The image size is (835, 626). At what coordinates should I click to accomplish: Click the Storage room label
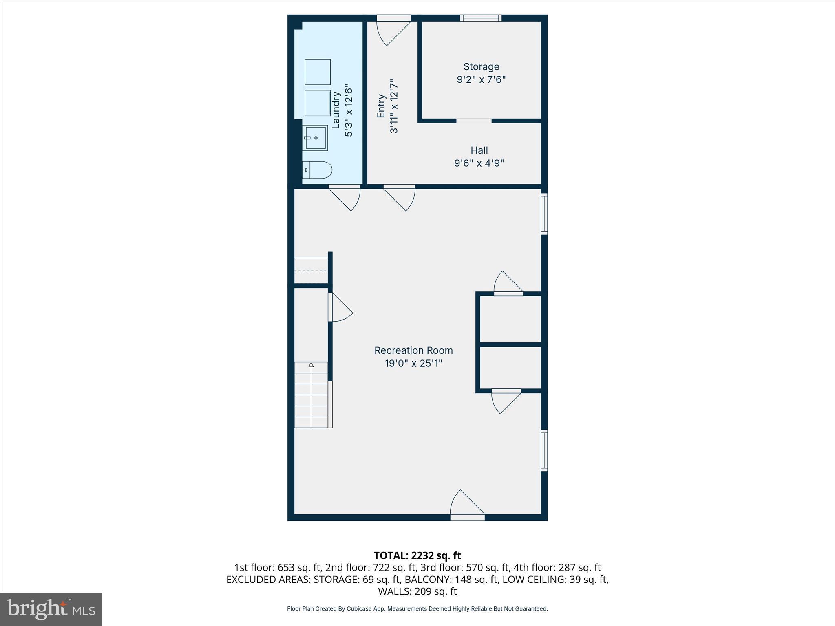pyautogui.click(x=481, y=66)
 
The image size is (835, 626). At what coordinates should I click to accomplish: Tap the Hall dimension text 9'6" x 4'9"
pyautogui.click(x=479, y=163)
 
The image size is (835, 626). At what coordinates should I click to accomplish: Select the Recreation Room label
pyautogui.click(x=413, y=350)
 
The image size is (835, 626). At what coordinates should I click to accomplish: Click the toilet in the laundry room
pyautogui.click(x=318, y=170)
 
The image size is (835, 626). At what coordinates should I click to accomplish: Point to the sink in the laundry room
pyautogui.click(x=315, y=138)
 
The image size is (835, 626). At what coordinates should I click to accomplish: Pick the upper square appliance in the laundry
pyautogui.click(x=318, y=72)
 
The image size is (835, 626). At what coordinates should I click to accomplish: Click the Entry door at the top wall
pyautogui.click(x=392, y=31)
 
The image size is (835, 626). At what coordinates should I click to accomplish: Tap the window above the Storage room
pyautogui.click(x=481, y=18)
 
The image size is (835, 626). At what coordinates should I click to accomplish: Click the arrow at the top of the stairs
pyautogui.click(x=311, y=365)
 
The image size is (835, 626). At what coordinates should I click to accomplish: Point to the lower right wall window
pyautogui.click(x=544, y=450)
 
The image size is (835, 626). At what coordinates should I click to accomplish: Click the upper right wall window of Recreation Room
pyautogui.click(x=544, y=214)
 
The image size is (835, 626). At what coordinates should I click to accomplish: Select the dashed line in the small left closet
pyautogui.click(x=311, y=271)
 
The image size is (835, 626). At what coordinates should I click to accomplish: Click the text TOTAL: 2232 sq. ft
pyautogui.click(x=417, y=555)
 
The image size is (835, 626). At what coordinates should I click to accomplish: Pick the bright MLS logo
pyautogui.click(x=51, y=609)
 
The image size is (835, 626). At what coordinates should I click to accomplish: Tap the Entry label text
pyautogui.click(x=381, y=106)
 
